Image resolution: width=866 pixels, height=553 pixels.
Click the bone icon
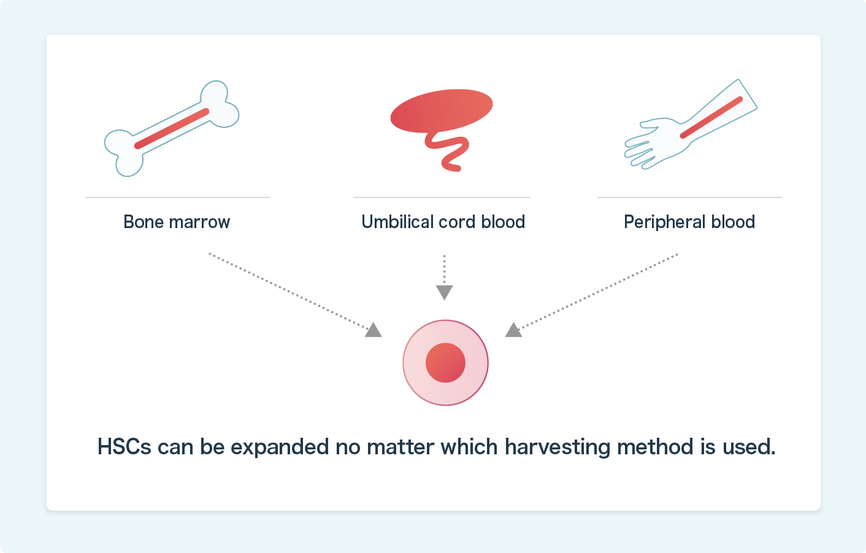172,129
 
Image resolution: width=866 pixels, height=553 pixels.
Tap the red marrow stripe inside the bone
172,129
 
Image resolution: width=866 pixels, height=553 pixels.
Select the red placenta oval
442,110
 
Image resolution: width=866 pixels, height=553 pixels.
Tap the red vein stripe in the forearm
711,118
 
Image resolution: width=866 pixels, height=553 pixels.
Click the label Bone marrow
177,222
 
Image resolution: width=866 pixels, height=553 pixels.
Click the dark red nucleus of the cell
445,362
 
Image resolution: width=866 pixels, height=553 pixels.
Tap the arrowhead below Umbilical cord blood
444,292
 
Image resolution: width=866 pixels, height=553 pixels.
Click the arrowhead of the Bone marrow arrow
373,330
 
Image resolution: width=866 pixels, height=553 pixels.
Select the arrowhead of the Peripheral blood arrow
514,330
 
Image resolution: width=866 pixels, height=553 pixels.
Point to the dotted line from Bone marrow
289,292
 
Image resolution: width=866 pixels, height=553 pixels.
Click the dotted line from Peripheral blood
597,292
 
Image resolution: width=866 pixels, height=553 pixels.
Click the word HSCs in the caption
124,447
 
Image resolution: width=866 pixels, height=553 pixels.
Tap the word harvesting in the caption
557,448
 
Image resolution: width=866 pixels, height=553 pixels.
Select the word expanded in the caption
280,448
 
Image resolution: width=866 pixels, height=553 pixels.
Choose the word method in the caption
655,447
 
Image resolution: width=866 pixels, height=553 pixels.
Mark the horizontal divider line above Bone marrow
177,197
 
